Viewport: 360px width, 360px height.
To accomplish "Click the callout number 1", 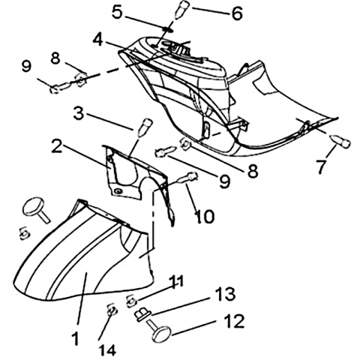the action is click(x=74, y=338).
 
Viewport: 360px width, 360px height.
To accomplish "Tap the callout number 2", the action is click(x=57, y=146).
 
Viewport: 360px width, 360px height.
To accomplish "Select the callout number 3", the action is click(x=79, y=113).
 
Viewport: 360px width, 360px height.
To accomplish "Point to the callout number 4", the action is click(x=97, y=40).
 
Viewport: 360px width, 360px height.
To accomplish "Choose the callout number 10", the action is click(x=205, y=217).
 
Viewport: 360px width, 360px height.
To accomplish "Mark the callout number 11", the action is click(x=177, y=281).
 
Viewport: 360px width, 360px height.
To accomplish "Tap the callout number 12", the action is click(x=234, y=321).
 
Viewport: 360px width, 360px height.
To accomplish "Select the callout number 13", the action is click(x=225, y=294).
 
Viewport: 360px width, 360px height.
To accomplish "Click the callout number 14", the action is click(x=108, y=350).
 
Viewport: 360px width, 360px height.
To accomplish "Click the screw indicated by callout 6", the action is click(x=183, y=10).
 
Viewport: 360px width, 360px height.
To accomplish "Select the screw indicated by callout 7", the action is click(x=340, y=142).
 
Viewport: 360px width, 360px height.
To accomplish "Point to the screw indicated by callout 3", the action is click(x=145, y=127).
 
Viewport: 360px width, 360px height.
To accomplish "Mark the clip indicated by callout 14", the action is click(x=112, y=310).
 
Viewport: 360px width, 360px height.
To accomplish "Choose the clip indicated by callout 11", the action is click(x=132, y=301).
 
